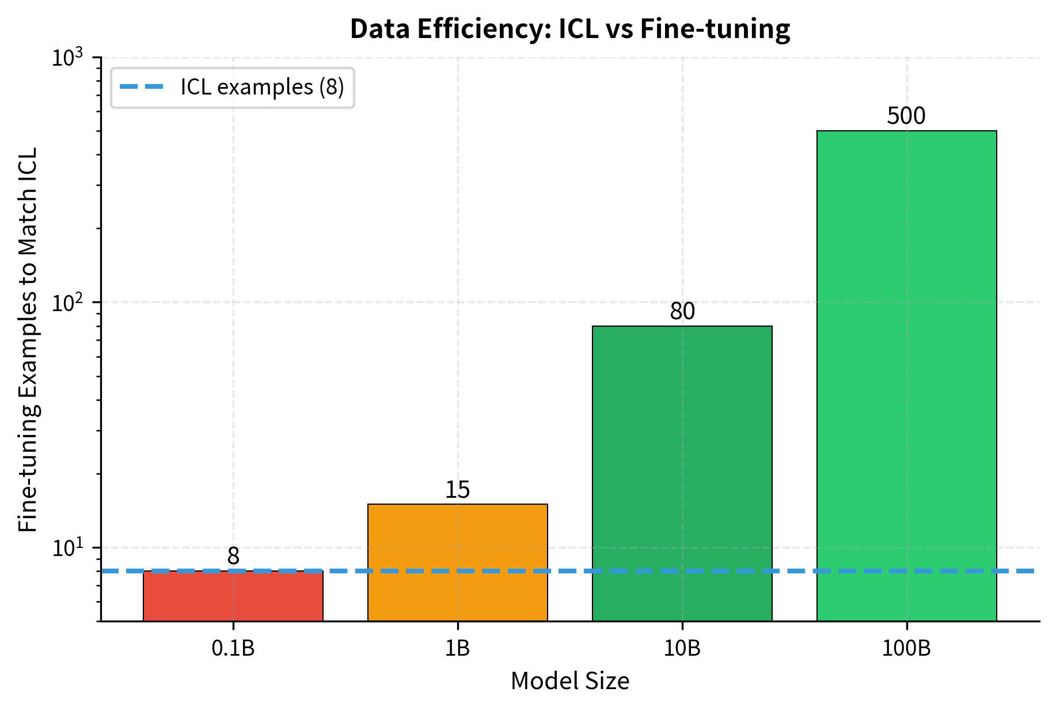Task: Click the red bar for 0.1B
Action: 233,597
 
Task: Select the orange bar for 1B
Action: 457,562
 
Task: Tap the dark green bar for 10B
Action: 682,472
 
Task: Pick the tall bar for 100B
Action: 906,375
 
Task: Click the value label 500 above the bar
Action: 906,116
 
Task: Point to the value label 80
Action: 682,312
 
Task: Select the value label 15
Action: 457,490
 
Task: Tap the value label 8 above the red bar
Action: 233,557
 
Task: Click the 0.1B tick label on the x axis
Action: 233,649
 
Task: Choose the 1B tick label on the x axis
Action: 457,649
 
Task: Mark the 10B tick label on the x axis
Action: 682,649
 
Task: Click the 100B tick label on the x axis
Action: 906,649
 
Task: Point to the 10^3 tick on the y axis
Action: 67,58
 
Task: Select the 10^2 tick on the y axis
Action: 67,302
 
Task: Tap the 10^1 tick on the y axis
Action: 67,548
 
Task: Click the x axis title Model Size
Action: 570,682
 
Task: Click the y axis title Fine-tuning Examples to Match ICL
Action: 28,340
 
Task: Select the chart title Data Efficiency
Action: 570,29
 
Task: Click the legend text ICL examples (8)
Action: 262,88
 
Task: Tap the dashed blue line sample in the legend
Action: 142,88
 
